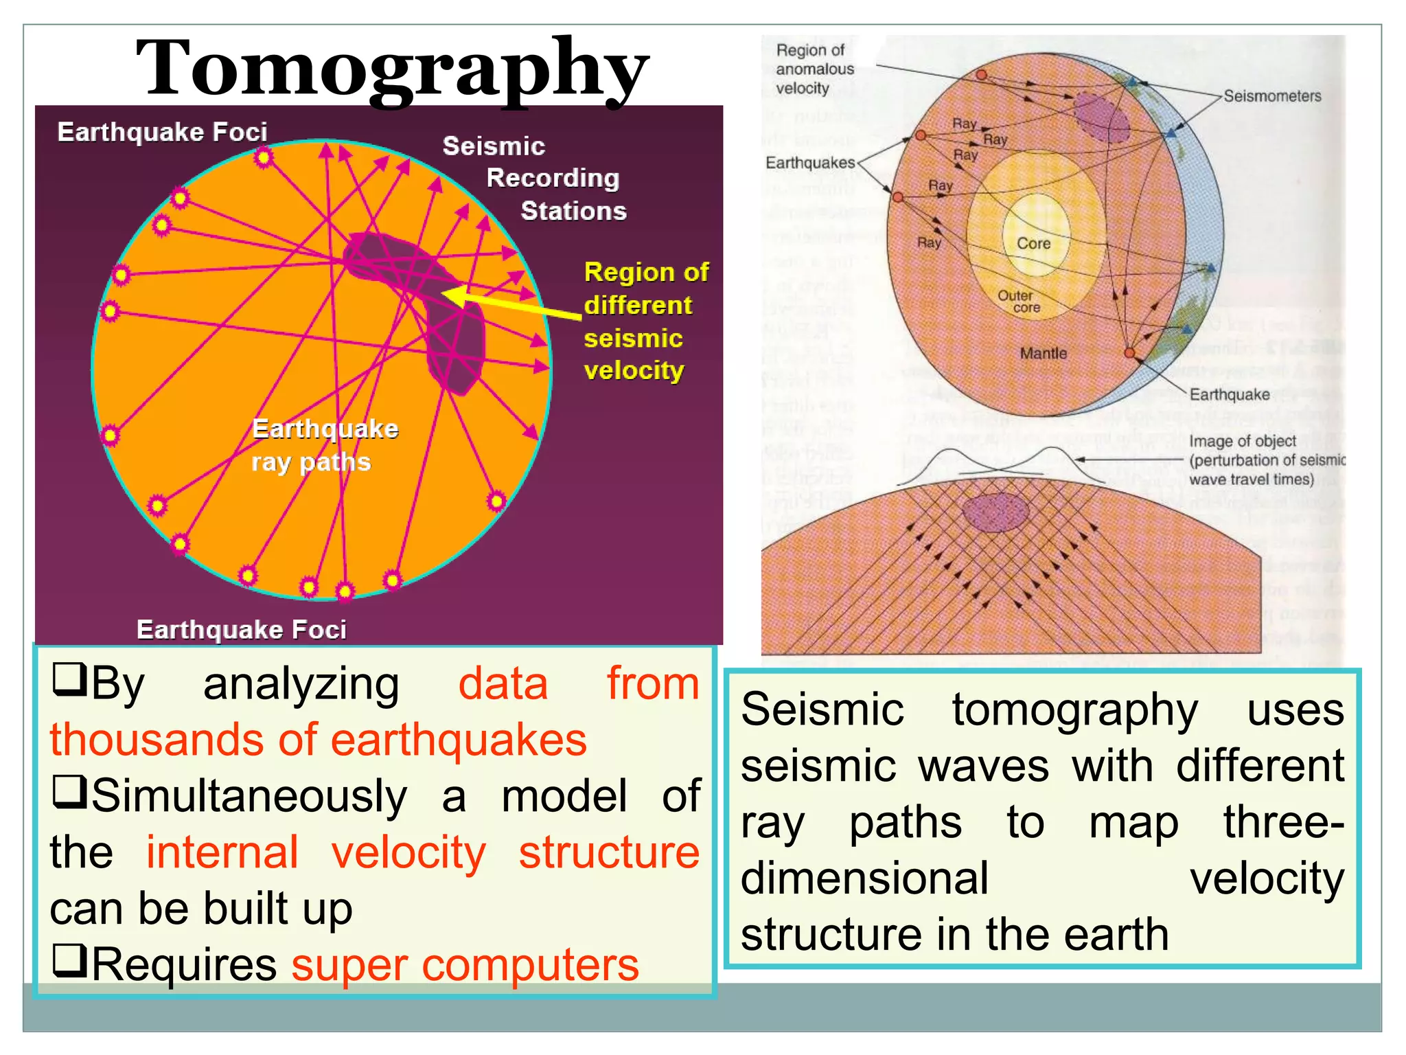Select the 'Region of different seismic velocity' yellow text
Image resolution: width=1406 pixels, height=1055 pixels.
coord(645,321)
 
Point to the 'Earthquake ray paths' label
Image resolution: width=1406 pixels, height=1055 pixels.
coord(324,445)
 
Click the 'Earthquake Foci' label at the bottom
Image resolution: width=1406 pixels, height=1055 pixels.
coord(241,629)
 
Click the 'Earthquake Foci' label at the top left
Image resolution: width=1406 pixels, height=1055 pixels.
coord(162,132)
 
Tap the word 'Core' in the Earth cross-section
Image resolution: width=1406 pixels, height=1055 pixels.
coord(1033,243)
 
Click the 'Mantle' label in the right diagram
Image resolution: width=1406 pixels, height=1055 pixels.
coord(1043,353)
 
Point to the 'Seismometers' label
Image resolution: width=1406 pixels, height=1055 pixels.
coord(1272,96)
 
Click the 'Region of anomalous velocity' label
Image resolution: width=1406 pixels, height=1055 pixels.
coord(814,69)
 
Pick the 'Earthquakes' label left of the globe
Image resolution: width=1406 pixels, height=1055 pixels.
coord(810,163)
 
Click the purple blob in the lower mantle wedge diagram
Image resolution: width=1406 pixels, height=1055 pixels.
coord(995,512)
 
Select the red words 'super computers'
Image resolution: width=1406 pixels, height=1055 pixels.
coord(465,964)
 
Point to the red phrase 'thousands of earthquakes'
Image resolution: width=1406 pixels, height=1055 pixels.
coord(318,740)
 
